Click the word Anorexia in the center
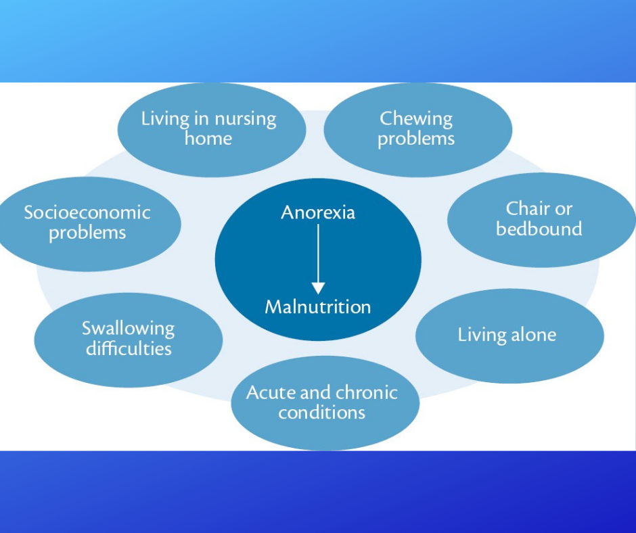click(x=318, y=212)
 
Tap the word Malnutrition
click(x=318, y=307)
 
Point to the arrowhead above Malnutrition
click(x=318, y=288)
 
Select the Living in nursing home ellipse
click(x=212, y=130)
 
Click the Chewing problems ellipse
click(x=417, y=130)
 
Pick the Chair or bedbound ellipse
click(x=541, y=220)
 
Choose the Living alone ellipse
click(x=509, y=336)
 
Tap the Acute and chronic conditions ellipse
click(x=325, y=403)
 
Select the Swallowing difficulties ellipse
click(x=128, y=340)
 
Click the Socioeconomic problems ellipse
click(x=87, y=224)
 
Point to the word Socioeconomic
click(x=87, y=212)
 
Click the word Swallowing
click(x=128, y=329)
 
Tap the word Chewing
click(x=416, y=119)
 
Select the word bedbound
click(x=539, y=229)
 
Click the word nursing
click(x=246, y=120)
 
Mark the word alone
click(x=533, y=335)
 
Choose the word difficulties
click(x=129, y=349)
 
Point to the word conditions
click(x=321, y=413)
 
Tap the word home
click(x=208, y=139)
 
